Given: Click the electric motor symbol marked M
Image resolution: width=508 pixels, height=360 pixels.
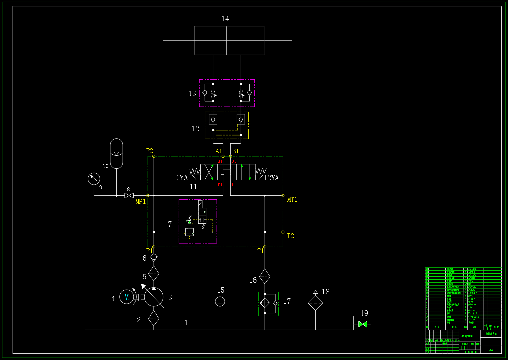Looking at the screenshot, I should (126, 297).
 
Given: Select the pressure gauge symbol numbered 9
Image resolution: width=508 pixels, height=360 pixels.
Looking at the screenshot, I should (94, 179).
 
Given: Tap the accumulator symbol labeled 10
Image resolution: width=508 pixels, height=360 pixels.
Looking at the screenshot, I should (116, 154).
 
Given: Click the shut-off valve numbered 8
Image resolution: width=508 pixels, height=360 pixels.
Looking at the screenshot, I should (129, 196).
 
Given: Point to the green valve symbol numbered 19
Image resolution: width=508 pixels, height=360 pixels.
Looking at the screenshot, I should (363, 324).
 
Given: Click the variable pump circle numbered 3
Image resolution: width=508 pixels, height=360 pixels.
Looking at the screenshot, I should (154, 297).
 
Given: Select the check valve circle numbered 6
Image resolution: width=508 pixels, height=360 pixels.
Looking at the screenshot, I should (154, 257).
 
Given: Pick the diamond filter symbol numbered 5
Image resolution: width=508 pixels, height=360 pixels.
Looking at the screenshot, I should (154, 273).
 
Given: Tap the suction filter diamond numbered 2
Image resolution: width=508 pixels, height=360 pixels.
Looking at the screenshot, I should (154, 318).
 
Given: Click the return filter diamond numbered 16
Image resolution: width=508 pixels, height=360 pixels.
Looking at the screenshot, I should (265, 276).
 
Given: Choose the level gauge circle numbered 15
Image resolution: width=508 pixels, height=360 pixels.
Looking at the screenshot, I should (220, 302).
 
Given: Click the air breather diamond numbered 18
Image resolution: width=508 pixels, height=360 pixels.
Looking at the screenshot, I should (315, 303).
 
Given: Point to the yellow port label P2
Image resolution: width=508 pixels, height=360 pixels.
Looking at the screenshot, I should (150, 151).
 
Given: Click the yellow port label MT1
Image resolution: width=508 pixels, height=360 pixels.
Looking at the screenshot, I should (292, 200).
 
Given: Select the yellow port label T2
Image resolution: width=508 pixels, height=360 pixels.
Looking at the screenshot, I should (290, 236).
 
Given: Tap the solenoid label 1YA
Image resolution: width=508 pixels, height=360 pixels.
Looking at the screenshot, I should (182, 178).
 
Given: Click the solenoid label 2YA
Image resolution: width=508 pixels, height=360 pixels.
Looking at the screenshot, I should (273, 178).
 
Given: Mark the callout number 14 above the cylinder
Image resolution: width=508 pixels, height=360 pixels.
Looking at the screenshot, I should (225, 19).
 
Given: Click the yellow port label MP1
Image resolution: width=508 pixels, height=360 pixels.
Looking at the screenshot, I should (141, 202).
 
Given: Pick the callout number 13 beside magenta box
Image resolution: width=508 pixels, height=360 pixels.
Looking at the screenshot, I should (192, 94).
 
